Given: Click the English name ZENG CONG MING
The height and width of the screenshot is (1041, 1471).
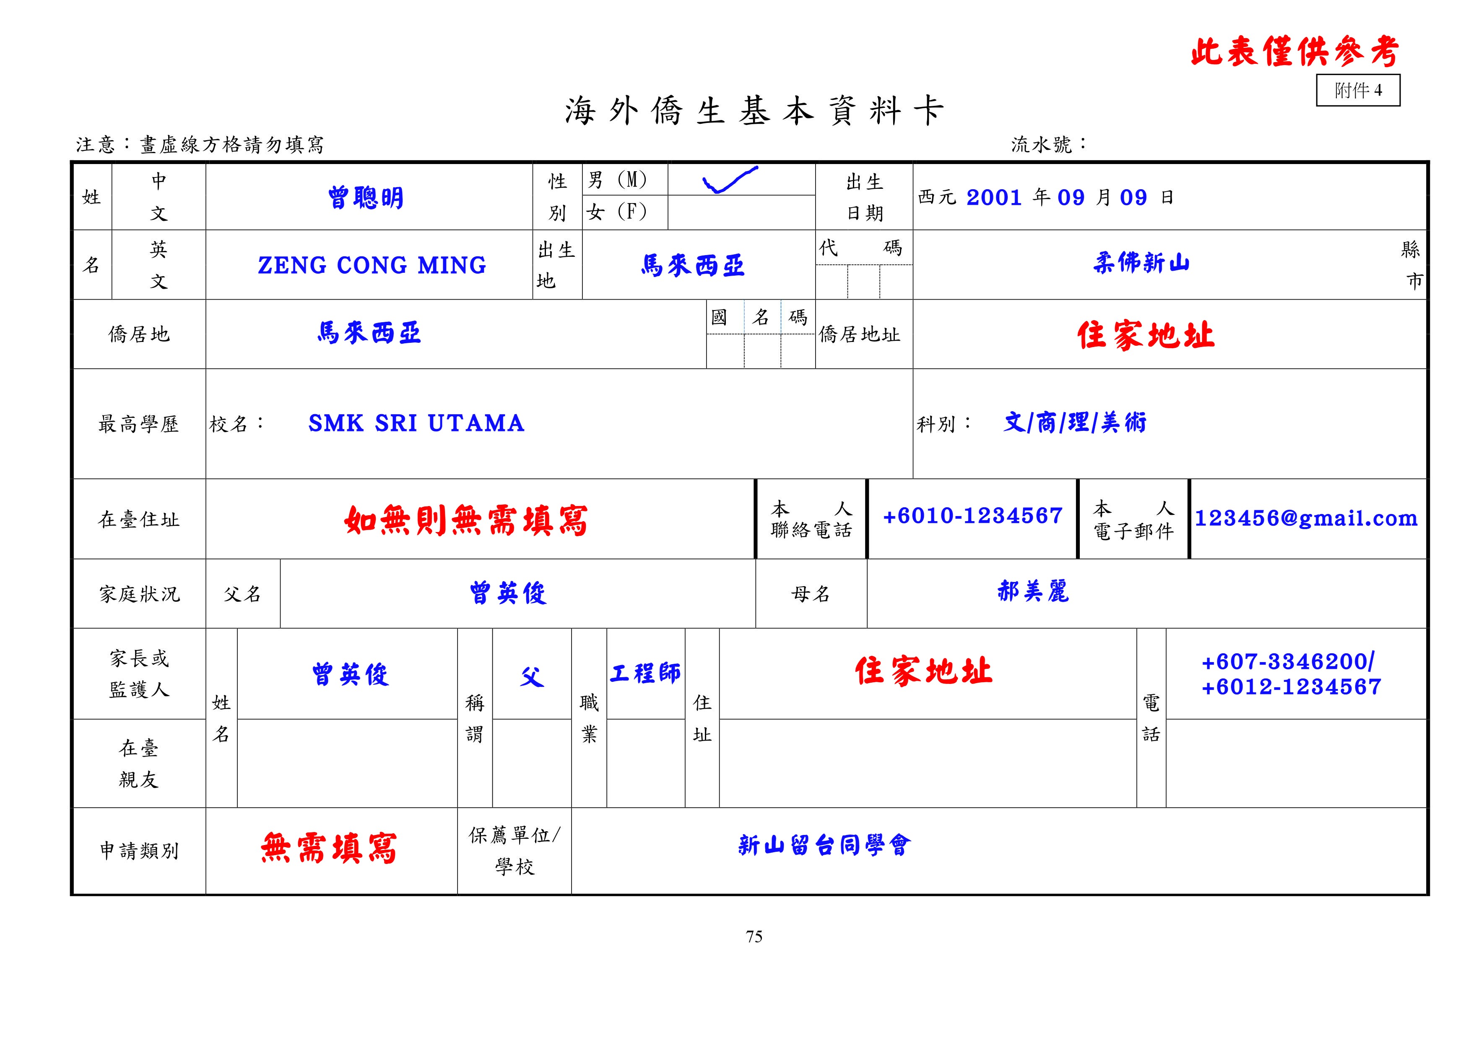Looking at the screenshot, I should (372, 265).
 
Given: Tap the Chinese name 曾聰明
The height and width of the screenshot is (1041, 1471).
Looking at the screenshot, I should (366, 198).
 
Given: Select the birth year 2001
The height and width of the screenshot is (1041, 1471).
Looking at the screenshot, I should (994, 198).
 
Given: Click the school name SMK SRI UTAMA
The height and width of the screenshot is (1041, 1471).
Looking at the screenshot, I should (416, 423).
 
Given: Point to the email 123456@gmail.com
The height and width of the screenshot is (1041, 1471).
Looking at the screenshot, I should (1306, 518).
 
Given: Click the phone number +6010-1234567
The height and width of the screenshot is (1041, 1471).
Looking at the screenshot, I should (972, 516).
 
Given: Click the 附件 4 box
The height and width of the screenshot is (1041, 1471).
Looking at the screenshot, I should (1358, 90).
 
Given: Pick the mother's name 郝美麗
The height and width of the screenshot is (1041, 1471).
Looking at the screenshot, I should (1033, 592).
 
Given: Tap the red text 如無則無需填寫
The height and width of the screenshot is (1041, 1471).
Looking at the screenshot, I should (466, 520).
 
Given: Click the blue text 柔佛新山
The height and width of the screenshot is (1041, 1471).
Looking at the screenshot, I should (1141, 263).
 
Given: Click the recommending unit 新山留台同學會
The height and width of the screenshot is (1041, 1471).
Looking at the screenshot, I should (824, 845).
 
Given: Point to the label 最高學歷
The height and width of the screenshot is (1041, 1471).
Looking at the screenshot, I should (138, 424).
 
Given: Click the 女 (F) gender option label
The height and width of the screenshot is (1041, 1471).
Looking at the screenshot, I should (616, 211).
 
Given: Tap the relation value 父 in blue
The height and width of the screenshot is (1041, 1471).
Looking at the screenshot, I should (532, 676).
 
